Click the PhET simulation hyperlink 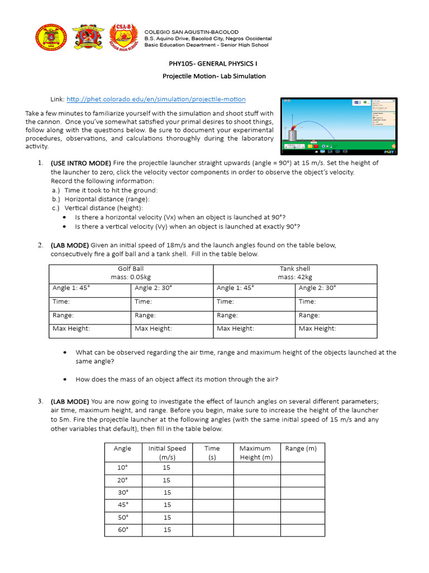point(156,99)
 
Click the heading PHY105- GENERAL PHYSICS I point(214,64)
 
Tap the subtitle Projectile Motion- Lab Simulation point(214,76)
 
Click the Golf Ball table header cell point(131,273)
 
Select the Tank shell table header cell point(295,273)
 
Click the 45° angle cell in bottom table point(122,505)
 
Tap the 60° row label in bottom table point(122,529)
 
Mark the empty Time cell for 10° point(212,468)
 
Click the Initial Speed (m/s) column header point(167,453)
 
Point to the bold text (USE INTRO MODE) point(81,163)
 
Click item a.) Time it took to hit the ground point(107,190)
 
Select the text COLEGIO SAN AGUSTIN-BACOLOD point(191,32)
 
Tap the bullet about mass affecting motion point(177,379)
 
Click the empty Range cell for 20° point(302,480)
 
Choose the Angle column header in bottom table point(122,448)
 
